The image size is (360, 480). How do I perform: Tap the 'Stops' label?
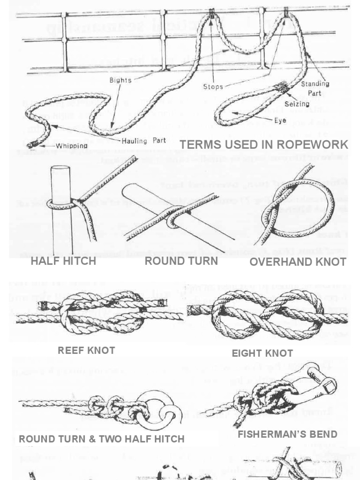click(x=213, y=87)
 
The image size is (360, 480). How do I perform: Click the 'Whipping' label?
click(x=71, y=146)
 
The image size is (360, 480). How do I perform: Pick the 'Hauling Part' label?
click(x=139, y=141)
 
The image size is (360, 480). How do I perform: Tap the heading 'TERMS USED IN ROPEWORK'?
click(x=264, y=144)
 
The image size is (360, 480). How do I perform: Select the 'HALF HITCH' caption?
click(x=63, y=261)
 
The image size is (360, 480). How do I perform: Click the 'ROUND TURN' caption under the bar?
click(x=181, y=261)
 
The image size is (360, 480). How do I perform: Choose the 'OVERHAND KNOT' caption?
click(x=298, y=262)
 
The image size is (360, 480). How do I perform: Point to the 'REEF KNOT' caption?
click(x=86, y=350)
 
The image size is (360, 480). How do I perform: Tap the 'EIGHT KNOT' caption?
click(x=262, y=353)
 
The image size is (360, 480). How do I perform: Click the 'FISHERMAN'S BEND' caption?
click(x=287, y=434)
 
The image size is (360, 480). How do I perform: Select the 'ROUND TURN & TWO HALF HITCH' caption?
click(x=101, y=439)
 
